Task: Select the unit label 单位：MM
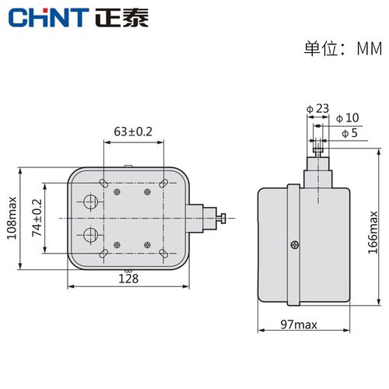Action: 342,49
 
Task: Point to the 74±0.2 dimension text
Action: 34,218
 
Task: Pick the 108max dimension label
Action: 12,218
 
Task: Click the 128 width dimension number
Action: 129,278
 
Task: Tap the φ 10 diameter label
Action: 349,118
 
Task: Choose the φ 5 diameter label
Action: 350,133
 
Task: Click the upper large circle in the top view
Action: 91,203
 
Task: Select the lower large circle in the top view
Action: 91,235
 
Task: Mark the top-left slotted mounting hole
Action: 102,182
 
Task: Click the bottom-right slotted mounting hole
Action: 163,255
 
